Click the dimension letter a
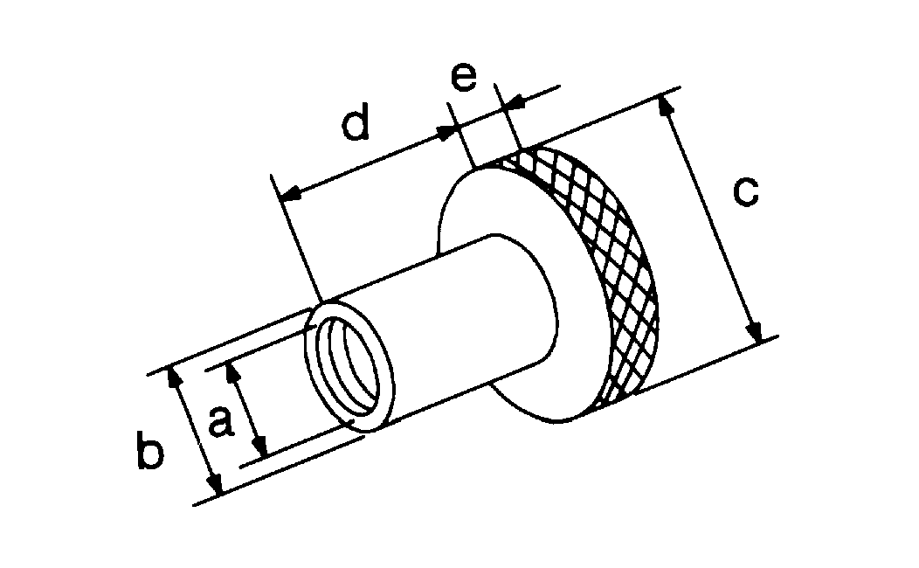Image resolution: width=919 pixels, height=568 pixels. tap(221, 421)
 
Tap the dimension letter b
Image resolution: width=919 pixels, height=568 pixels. tap(150, 449)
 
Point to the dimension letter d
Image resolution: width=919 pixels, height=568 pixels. tap(356, 121)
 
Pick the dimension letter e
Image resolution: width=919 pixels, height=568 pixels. tap(464, 78)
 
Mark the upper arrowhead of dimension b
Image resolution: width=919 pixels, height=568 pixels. tap(172, 376)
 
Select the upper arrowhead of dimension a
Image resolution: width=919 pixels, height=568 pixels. tap(231, 371)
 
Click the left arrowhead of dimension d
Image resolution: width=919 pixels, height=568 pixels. tap(289, 192)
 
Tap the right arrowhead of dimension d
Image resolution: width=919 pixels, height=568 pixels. tap(446, 133)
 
